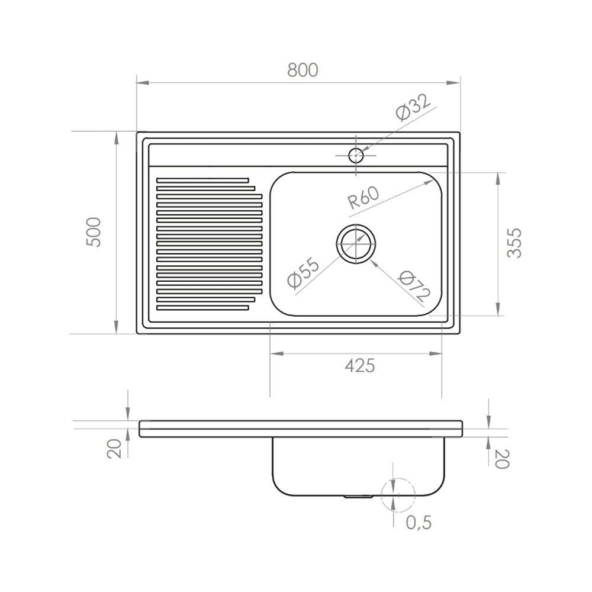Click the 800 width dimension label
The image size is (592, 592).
coord(303,70)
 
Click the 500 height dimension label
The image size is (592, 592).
coord(94,232)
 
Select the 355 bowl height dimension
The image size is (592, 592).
coord(514,243)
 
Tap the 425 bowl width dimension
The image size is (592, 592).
coord(360,365)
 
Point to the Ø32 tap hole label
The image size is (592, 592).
coord(413,107)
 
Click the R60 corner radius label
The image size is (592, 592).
coord(363,198)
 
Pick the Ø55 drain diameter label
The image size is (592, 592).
coord(303,273)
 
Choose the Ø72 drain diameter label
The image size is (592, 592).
coord(414,286)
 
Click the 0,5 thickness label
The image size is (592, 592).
coord(419,522)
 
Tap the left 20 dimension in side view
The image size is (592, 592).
coord(114,449)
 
